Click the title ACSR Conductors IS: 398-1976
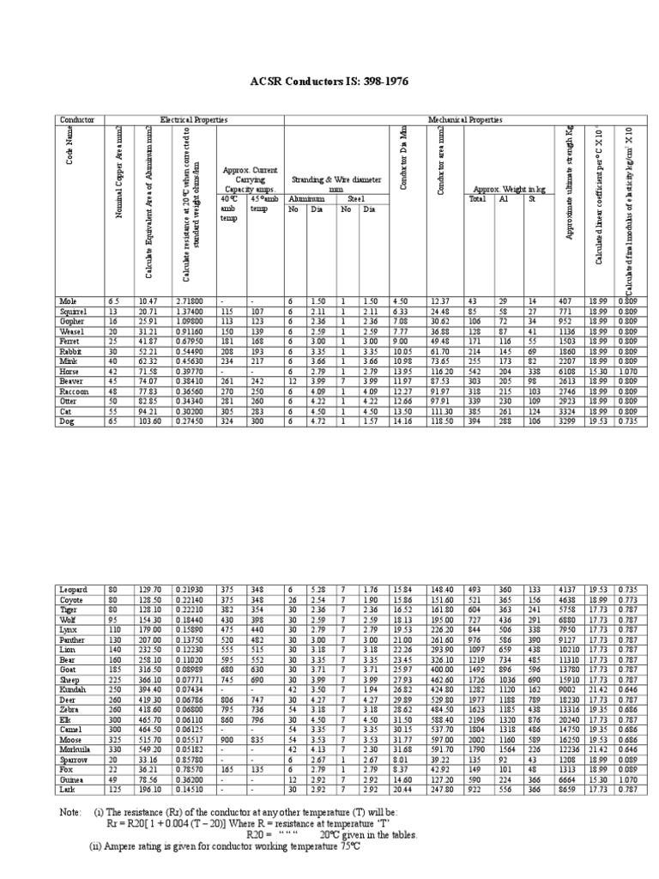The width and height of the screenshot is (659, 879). click(329, 81)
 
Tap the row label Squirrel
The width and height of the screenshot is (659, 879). click(70, 311)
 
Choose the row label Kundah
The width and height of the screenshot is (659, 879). click(71, 689)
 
